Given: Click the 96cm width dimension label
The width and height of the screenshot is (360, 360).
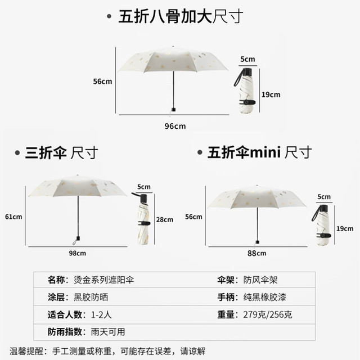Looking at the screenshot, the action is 175,126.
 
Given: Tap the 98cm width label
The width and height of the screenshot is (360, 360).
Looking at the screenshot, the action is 78,253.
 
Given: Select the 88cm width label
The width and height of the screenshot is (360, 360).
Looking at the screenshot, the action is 256,253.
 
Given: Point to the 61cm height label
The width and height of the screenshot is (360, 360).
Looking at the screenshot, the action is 13,217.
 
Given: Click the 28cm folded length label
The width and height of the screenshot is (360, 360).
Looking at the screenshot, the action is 165,220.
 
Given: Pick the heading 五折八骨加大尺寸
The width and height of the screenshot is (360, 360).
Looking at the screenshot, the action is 181,16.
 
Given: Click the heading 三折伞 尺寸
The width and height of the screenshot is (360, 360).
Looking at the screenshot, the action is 61,152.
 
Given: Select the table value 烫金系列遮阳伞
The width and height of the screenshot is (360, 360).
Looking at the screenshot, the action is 103,280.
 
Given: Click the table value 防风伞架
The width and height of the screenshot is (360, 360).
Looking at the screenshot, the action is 260,280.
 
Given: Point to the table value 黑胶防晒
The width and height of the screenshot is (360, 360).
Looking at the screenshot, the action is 91,298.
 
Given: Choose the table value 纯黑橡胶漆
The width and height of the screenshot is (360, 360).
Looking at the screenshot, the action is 265,298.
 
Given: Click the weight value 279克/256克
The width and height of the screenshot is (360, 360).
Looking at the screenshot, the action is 268,314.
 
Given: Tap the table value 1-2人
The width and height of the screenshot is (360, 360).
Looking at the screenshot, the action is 101,314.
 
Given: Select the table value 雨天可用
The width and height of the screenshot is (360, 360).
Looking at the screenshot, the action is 108,332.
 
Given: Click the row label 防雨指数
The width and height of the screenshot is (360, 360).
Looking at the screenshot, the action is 65,332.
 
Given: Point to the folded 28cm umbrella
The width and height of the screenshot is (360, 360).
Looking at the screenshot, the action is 143,219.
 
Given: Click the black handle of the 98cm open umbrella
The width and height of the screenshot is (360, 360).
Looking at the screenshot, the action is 78,238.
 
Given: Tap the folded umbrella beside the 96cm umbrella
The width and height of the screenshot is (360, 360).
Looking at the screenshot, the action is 245,90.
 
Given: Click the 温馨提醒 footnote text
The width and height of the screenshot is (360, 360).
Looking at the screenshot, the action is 107,351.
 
